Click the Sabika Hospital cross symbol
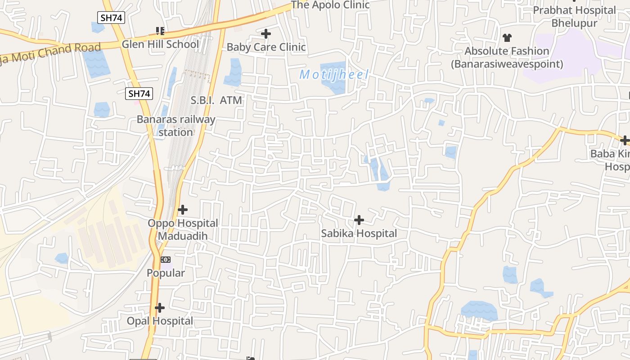pos(359,220)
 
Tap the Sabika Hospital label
pos(359,234)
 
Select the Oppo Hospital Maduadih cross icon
pos(182,210)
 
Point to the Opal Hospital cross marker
pos(159,308)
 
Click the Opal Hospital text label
pos(160,321)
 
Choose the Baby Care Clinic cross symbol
pos(266,34)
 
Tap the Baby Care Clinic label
pos(266,47)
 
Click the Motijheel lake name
pos(334,74)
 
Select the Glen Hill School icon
pos(160,31)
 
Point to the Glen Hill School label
pos(160,44)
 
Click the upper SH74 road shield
pos(111,18)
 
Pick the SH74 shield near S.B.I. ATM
pos(139,94)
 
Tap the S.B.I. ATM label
pos(216,100)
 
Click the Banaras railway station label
pos(176,126)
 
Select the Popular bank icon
pos(166,260)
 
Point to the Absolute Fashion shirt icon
pos(507,38)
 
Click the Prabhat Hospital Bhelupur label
pos(574,16)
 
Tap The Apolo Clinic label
pos(330,5)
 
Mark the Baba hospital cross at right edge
pos(624,140)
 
